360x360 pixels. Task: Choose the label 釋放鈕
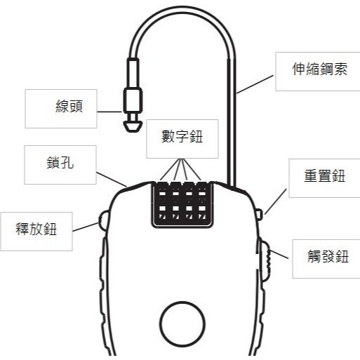(36, 228)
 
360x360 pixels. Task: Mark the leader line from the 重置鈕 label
(276, 201)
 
